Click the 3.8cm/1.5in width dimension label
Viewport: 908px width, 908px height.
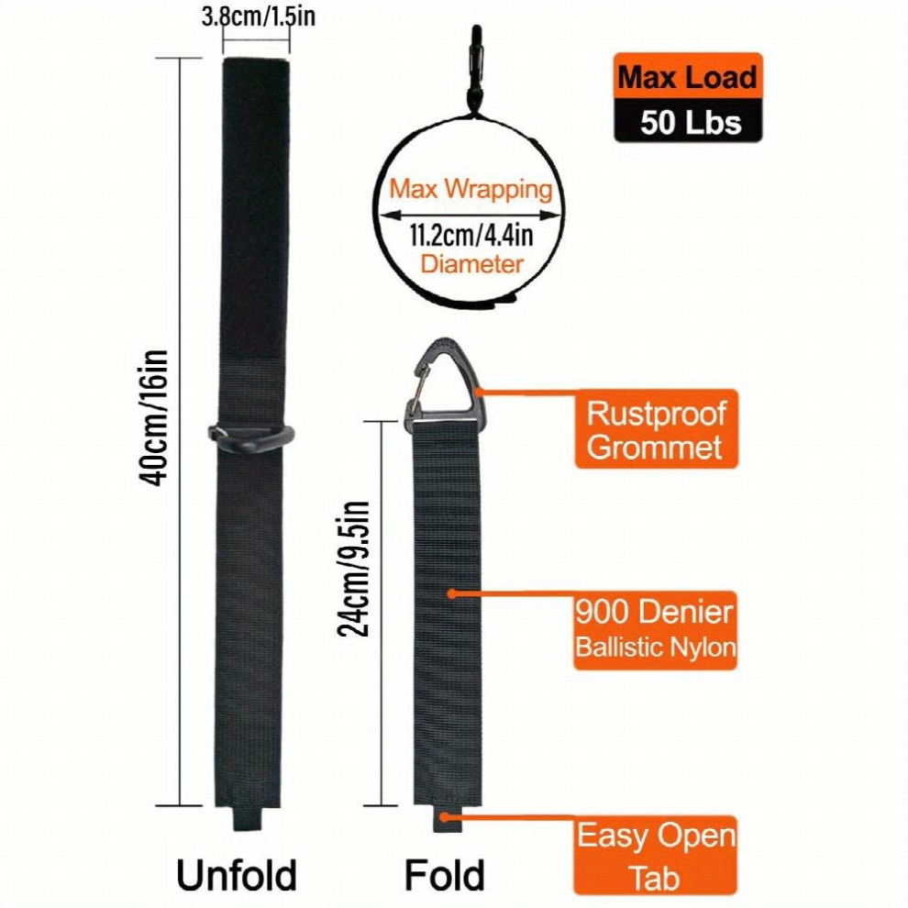coord(259,17)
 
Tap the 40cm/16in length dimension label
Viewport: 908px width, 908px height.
coord(153,417)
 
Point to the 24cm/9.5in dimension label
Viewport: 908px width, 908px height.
coord(353,569)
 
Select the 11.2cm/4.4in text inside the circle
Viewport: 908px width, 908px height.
coord(471,235)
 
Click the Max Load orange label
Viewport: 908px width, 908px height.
coord(688,76)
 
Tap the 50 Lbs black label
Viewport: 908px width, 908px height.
coord(688,121)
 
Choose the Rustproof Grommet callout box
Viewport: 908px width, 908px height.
coord(656,429)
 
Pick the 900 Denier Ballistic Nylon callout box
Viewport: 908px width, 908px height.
coord(656,631)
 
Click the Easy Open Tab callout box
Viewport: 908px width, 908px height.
coord(656,856)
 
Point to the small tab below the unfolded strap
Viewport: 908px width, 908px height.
coord(248,818)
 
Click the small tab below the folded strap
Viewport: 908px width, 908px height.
coord(448,819)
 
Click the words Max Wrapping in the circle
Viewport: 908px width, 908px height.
coord(471,189)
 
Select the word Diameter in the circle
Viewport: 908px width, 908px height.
coord(471,264)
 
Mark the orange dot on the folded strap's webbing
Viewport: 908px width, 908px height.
coord(452,593)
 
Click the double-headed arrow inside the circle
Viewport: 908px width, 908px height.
coord(470,216)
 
